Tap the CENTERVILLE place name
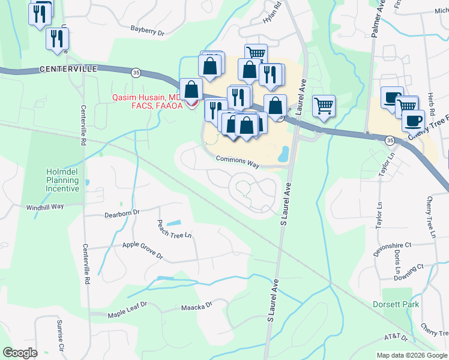click(68, 70)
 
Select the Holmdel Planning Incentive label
click(62, 180)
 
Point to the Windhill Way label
click(45, 207)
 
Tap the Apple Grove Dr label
click(143, 250)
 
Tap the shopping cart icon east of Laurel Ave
click(324, 106)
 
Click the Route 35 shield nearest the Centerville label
click(136, 73)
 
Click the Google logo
click(20, 353)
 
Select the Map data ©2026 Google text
click(411, 355)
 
